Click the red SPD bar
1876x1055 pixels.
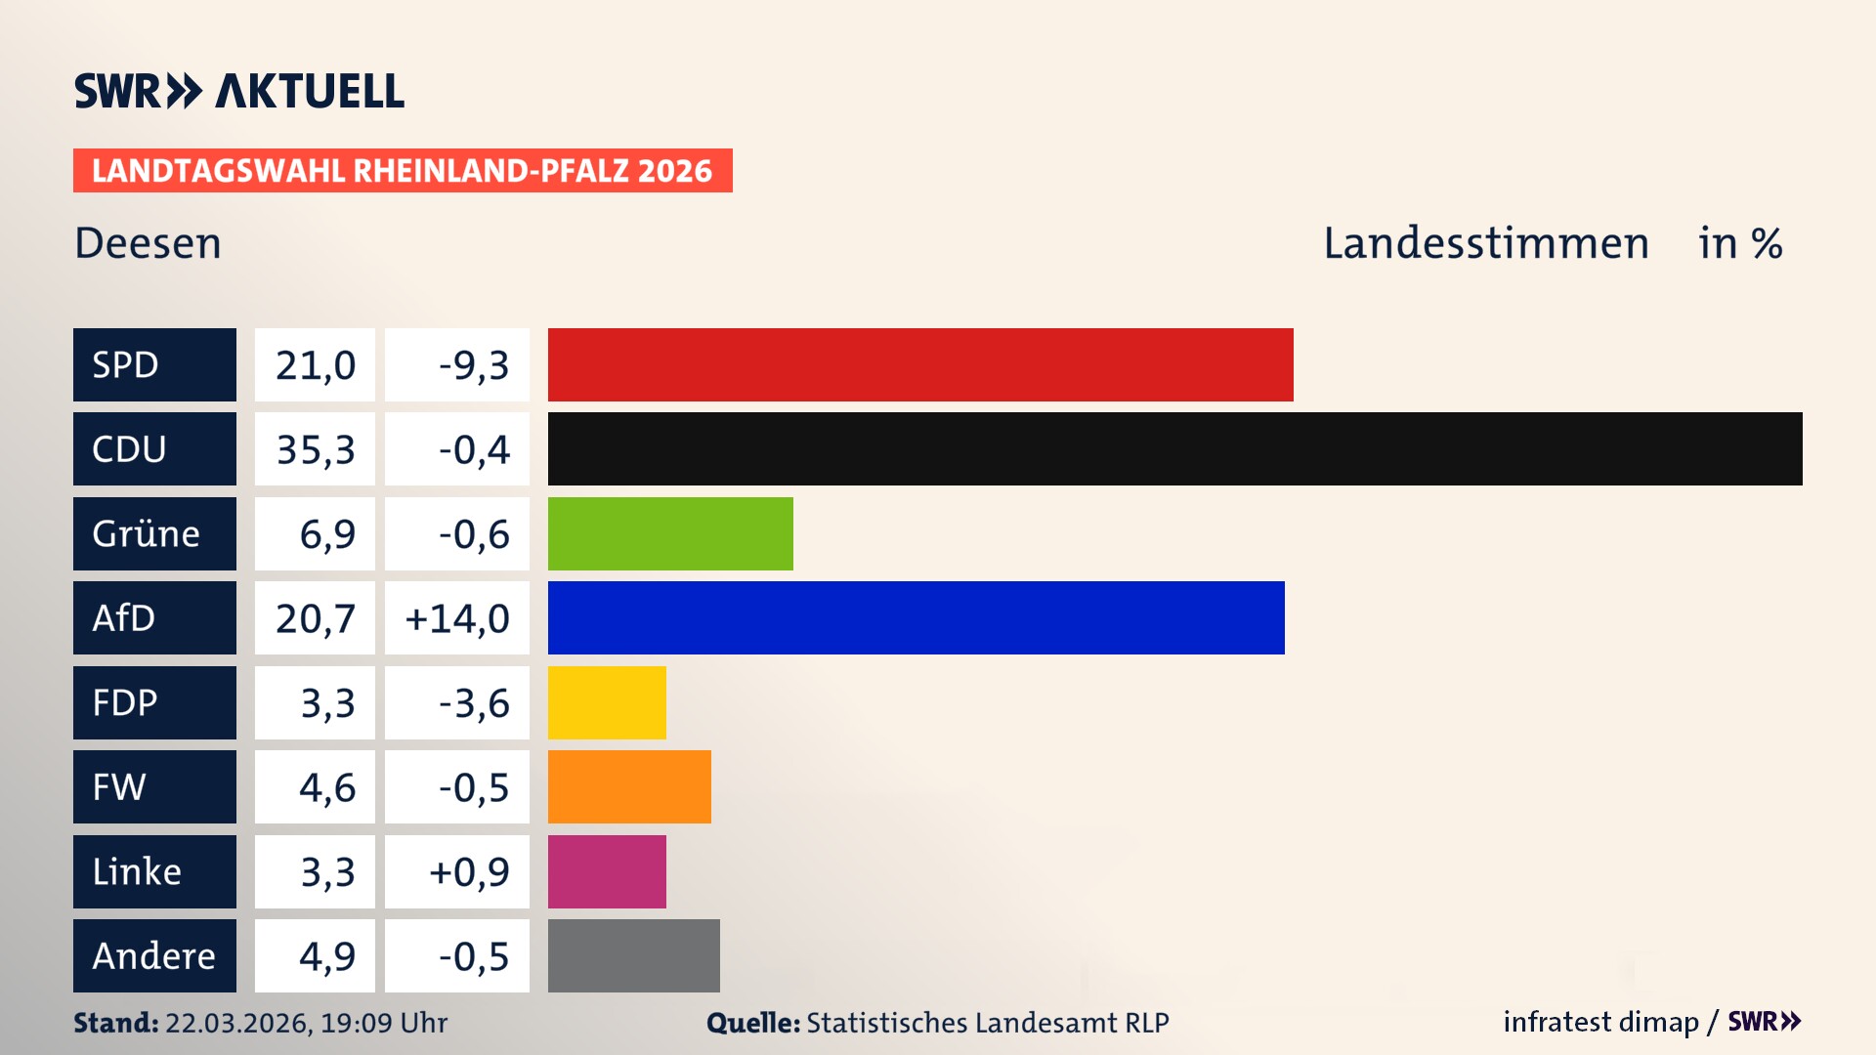[920, 364]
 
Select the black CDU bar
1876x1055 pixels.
[1174, 449]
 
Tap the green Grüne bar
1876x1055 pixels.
[670, 533]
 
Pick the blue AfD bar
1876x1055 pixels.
[916, 618]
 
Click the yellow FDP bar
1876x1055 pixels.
[607, 702]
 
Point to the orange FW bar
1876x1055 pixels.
[629, 787]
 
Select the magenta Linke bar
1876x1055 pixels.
[607, 871]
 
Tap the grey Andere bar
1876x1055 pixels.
[633, 955]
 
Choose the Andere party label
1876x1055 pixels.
[154, 955]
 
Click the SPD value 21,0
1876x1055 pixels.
[315, 365]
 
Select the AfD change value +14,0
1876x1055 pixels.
[456, 618]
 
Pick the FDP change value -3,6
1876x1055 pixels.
[473, 703]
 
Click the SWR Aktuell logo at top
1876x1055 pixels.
[239, 91]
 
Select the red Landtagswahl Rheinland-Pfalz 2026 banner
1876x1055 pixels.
[403, 171]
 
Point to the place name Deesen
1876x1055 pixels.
[149, 243]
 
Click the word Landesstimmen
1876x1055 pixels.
[1485, 243]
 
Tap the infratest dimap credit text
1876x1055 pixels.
[1600, 1022]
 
